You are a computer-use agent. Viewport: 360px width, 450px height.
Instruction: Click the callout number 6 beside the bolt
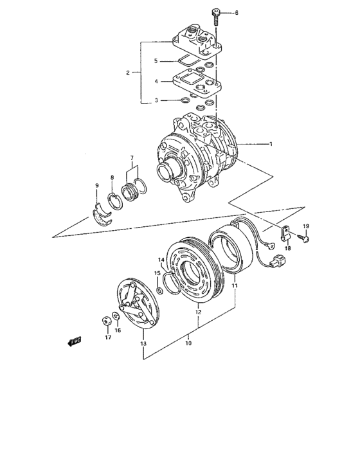[x=235, y=13]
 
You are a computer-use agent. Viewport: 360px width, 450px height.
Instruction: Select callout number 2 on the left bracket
[x=127, y=73]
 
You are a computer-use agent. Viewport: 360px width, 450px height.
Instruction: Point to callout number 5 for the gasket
[x=155, y=61]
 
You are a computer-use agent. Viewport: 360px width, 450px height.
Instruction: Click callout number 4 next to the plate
[x=155, y=82]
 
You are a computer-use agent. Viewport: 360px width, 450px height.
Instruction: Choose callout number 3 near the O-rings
[x=155, y=100]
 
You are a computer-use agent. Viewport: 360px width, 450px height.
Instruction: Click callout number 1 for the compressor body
[x=271, y=144]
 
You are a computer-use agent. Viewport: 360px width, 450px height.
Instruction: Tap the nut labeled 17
[x=104, y=321]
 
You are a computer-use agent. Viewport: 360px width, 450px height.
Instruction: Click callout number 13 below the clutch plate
[x=143, y=345]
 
